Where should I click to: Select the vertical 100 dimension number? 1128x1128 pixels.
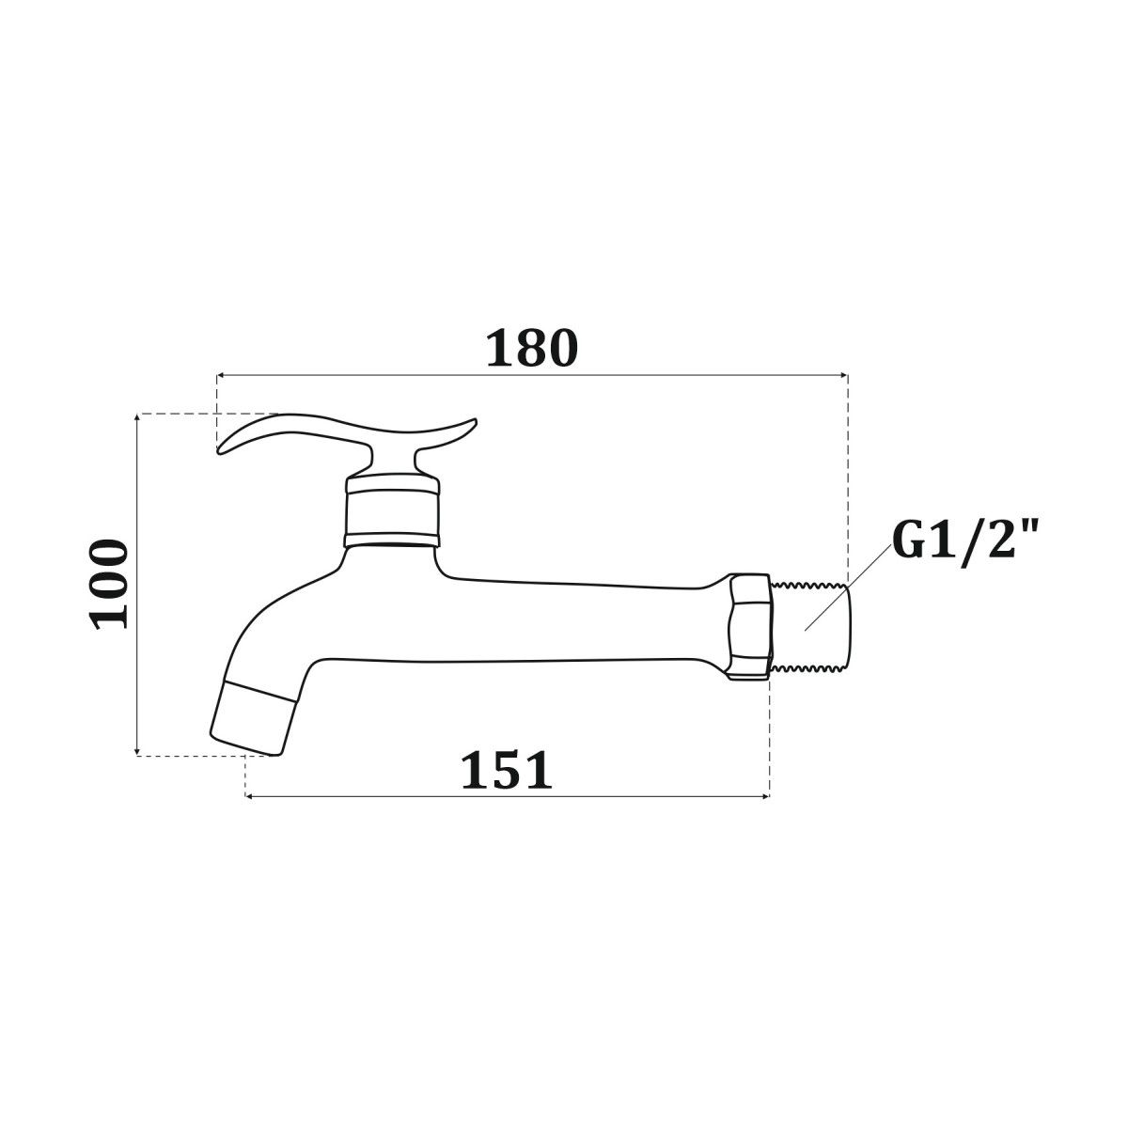click(x=108, y=584)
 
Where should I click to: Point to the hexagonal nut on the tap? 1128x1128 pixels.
click(x=749, y=626)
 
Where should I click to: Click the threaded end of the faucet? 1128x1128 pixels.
click(x=809, y=627)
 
